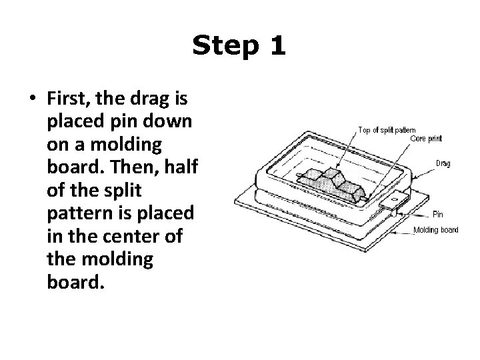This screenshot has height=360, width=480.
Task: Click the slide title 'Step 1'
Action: (239, 46)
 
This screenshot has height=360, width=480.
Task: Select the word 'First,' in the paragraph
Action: (70, 100)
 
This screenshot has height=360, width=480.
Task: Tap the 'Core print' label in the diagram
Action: (426, 139)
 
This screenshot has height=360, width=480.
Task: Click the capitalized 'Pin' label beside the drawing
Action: (437, 214)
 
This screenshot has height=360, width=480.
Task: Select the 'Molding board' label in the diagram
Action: (436, 230)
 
